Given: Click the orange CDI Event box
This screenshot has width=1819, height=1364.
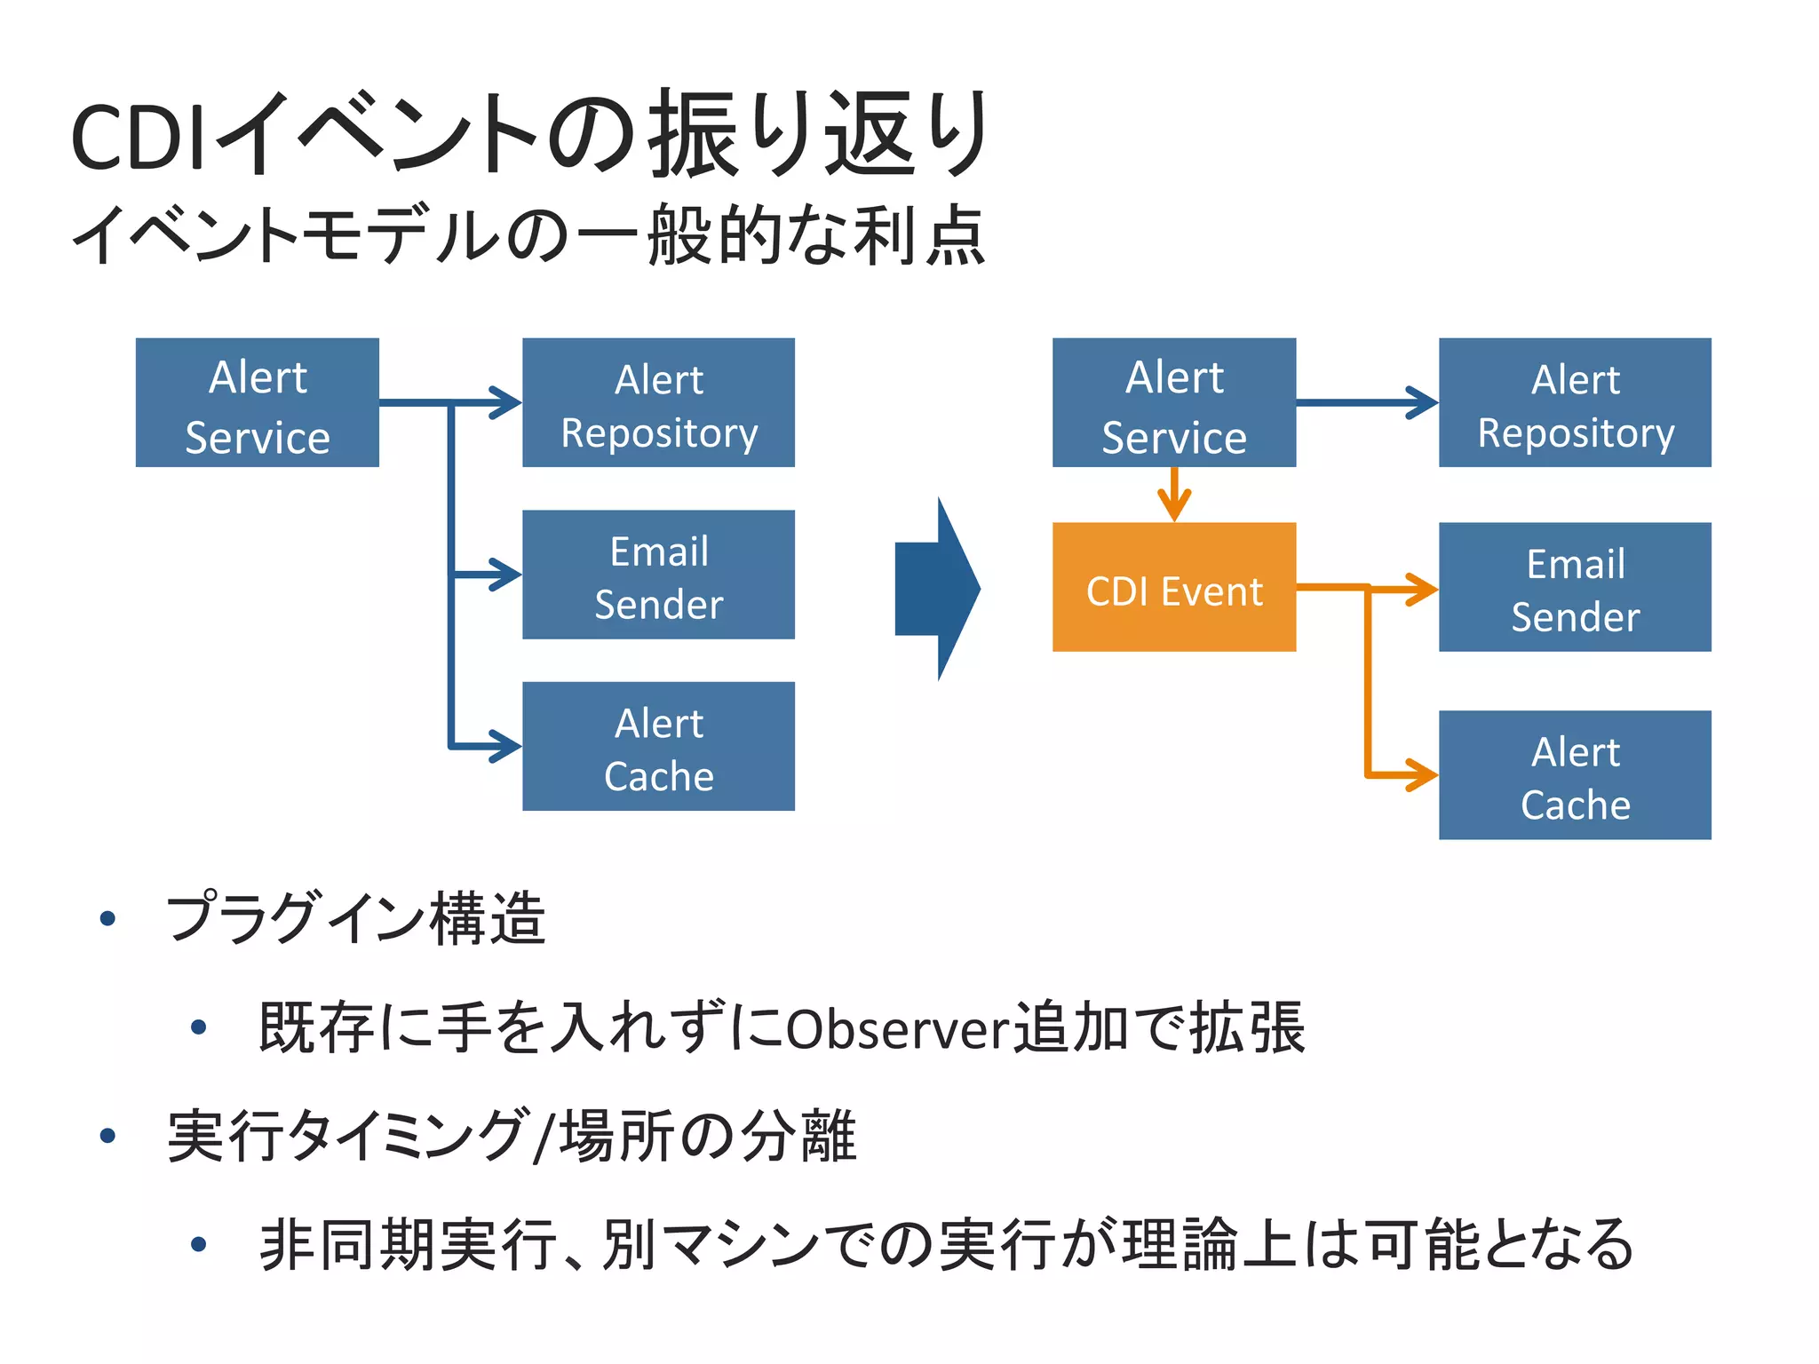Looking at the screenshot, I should pos(1173,587).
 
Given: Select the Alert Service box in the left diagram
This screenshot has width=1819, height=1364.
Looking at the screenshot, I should pos(257,402).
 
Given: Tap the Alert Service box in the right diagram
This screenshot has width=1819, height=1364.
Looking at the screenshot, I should pos(1173,402).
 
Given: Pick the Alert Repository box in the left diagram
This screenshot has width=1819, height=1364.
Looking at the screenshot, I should pos(658,402).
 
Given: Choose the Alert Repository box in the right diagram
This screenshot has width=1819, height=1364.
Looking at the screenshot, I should pos(1575,402).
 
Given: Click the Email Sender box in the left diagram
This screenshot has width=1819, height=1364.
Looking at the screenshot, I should pos(658,575).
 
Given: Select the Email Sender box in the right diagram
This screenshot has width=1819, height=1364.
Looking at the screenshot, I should pos(1575,587).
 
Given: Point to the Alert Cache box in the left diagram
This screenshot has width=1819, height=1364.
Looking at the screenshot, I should pos(658,746).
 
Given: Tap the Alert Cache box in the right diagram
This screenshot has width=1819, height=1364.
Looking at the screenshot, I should pos(1575,774).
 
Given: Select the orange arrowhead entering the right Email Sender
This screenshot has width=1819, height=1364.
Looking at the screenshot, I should pos(1421,589).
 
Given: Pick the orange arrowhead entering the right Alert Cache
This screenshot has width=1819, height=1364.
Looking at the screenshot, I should pos(1421,774).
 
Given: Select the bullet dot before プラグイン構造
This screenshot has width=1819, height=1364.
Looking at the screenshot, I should pos(108,918).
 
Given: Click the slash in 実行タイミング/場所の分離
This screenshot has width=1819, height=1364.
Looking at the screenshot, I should pos(543,1137).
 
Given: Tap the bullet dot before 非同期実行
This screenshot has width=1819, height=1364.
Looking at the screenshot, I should pos(199,1244).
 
